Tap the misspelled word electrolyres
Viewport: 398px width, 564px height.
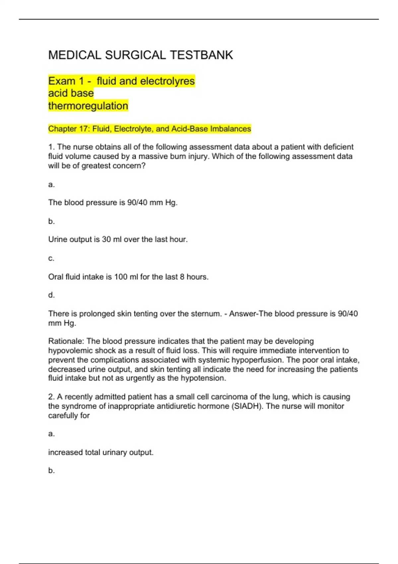pyautogui.click(x=167, y=81)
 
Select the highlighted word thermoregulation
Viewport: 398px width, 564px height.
pyautogui.click(x=88, y=106)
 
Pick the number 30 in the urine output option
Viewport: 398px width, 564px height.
pyautogui.click(x=106, y=239)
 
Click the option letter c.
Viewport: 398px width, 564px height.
pyautogui.click(x=51, y=258)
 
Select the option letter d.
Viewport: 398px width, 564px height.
pyautogui.click(x=51, y=295)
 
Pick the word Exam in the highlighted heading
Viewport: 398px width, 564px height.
pyautogui.click(x=62, y=81)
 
